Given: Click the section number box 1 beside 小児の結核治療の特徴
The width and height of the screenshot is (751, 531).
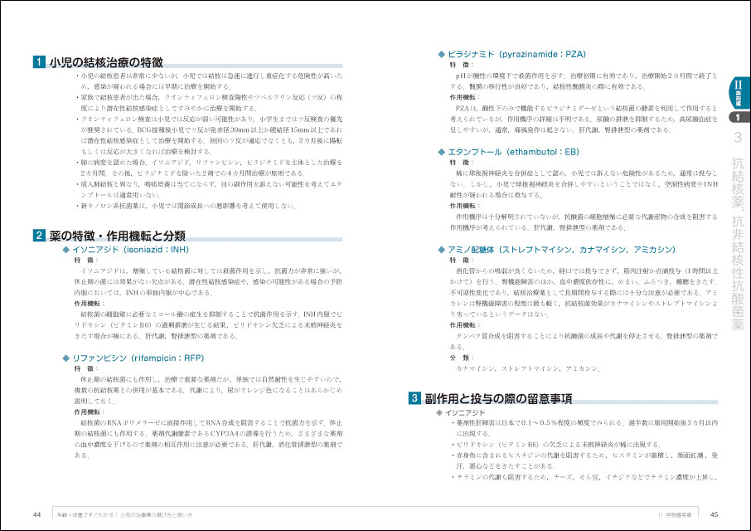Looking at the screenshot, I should [x=38, y=61].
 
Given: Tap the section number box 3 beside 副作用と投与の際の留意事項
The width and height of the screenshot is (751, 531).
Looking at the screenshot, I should [x=414, y=399].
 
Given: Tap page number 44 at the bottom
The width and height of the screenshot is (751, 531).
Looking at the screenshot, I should [x=37, y=514].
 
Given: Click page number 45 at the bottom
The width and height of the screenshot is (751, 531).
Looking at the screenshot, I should [x=714, y=514].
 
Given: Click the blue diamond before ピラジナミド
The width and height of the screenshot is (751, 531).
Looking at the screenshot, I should [x=441, y=53].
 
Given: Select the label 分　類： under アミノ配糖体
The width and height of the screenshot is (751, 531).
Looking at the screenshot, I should [x=461, y=357].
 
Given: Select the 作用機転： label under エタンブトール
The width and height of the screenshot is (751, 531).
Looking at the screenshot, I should [x=466, y=205].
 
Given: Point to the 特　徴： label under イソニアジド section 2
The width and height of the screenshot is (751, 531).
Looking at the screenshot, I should [x=85, y=260].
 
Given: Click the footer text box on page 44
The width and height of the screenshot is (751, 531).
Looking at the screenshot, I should [x=133, y=514].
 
